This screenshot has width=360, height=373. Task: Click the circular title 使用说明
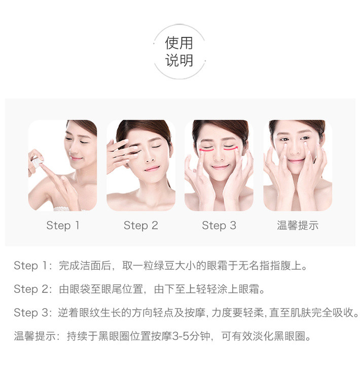tap(179, 52)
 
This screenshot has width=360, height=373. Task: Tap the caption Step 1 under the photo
tap(63, 226)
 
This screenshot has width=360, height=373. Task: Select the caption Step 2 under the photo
tap(141, 226)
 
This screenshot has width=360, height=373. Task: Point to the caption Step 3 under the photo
tap(219, 226)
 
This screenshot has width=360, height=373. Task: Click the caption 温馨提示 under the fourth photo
tap(298, 225)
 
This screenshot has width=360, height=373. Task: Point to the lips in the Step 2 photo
tap(152, 169)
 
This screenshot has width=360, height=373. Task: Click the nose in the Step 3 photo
tap(219, 156)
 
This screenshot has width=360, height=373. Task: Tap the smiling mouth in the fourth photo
tap(296, 160)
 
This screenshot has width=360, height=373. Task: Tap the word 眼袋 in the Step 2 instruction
tap(80, 289)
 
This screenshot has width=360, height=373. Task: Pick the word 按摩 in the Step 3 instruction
tap(195, 313)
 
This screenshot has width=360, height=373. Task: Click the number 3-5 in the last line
tap(180, 336)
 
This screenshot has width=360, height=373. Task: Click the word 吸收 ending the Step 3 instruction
tap(343, 313)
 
